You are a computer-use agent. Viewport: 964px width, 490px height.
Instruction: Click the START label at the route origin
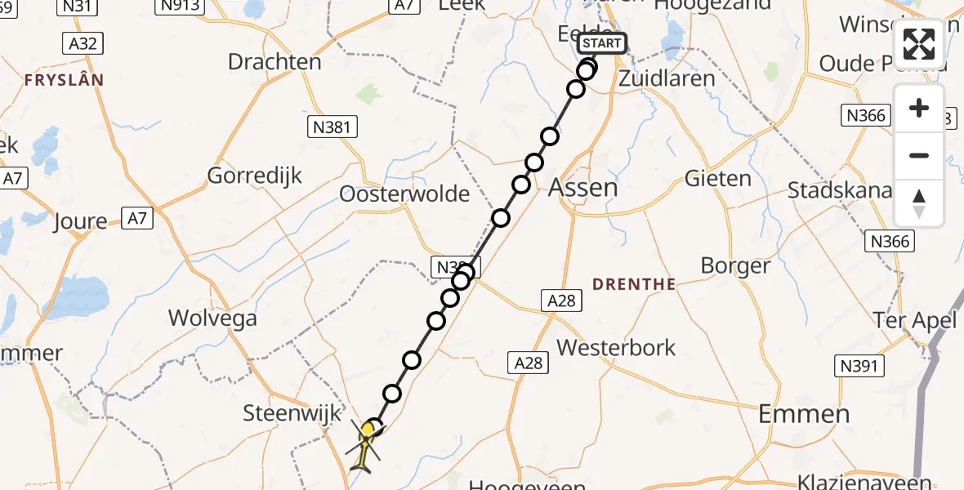[x=601, y=43]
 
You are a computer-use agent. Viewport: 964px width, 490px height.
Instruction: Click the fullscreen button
[x=919, y=44]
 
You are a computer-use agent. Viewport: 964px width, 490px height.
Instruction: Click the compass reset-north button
[x=919, y=203]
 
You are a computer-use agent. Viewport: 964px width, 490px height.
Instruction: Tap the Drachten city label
[x=274, y=62]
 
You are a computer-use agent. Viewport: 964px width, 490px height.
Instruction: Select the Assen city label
[x=582, y=187]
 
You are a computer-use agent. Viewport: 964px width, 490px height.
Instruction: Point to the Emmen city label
[x=804, y=414]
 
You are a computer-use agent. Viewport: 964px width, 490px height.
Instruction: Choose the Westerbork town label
[x=616, y=348]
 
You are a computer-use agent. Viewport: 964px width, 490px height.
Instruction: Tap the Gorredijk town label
[x=255, y=175]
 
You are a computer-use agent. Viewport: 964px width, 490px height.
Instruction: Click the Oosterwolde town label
[x=405, y=194]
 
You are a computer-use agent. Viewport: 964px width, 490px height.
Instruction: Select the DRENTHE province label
[x=634, y=284]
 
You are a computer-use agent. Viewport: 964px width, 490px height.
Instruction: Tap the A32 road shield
[x=83, y=43]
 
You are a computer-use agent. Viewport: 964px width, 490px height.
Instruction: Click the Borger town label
[x=735, y=266]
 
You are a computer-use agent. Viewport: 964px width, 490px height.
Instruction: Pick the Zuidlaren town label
[x=667, y=79]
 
